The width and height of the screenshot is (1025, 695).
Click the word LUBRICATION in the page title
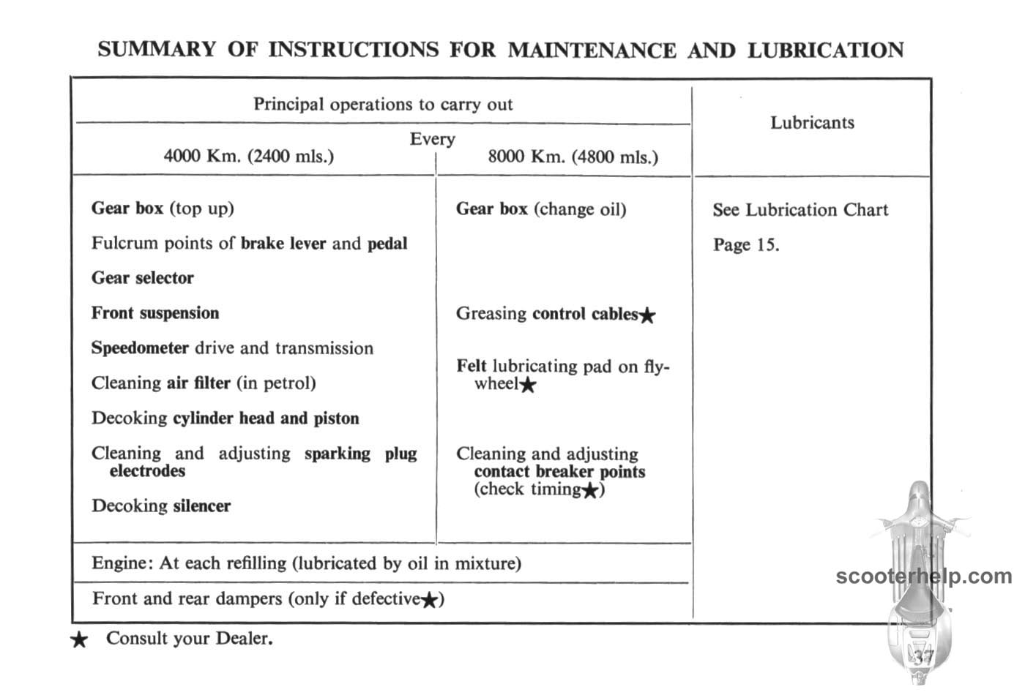[x=825, y=50]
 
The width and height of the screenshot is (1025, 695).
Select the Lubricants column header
[x=812, y=122]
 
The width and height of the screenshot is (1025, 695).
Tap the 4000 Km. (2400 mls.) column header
[x=248, y=156]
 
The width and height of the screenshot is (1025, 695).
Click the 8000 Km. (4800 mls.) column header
[x=573, y=157]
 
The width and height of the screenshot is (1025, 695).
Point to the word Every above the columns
[x=432, y=138]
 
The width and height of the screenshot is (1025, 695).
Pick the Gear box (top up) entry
[x=163, y=209]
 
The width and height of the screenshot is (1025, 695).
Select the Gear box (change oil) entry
[x=541, y=209]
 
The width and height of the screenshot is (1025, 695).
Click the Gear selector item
[x=143, y=278]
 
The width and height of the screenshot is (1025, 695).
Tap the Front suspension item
[x=155, y=313]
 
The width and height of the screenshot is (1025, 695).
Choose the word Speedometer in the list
[x=140, y=348]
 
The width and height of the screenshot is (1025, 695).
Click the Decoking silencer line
[x=161, y=506]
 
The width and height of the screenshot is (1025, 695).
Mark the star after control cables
[x=647, y=315]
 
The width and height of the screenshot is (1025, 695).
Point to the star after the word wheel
[x=527, y=385]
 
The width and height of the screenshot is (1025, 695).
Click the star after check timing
[x=591, y=490]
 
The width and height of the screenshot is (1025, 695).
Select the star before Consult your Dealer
[x=79, y=641]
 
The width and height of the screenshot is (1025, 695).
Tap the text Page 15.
[x=746, y=244]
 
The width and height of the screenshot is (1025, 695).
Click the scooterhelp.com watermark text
[x=923, y=576]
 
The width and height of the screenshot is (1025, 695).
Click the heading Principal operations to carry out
[x=383, y=104]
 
